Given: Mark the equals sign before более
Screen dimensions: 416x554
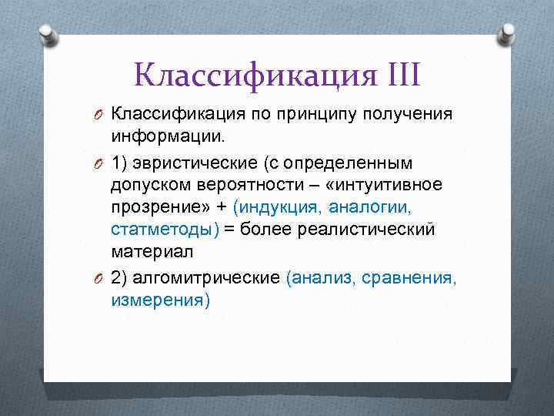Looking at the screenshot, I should point(229,230).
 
